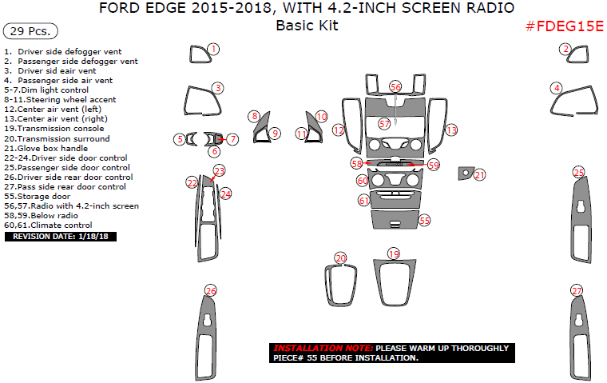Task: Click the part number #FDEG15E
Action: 564,26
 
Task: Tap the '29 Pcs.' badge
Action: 30,32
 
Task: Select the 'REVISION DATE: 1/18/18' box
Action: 60,237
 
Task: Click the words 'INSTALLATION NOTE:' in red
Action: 322,349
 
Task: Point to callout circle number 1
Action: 214,50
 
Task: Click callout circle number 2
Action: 566,50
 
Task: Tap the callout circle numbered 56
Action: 395,86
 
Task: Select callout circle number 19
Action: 393,253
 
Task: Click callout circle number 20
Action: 341,258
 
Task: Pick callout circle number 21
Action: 479,174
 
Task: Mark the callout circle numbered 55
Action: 424,219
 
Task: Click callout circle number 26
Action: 210,290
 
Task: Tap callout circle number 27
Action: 576,290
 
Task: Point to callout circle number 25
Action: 578,172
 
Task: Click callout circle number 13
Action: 451,130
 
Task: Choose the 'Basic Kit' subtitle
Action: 307,26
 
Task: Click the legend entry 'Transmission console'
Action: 56,128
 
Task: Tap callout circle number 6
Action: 214,151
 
